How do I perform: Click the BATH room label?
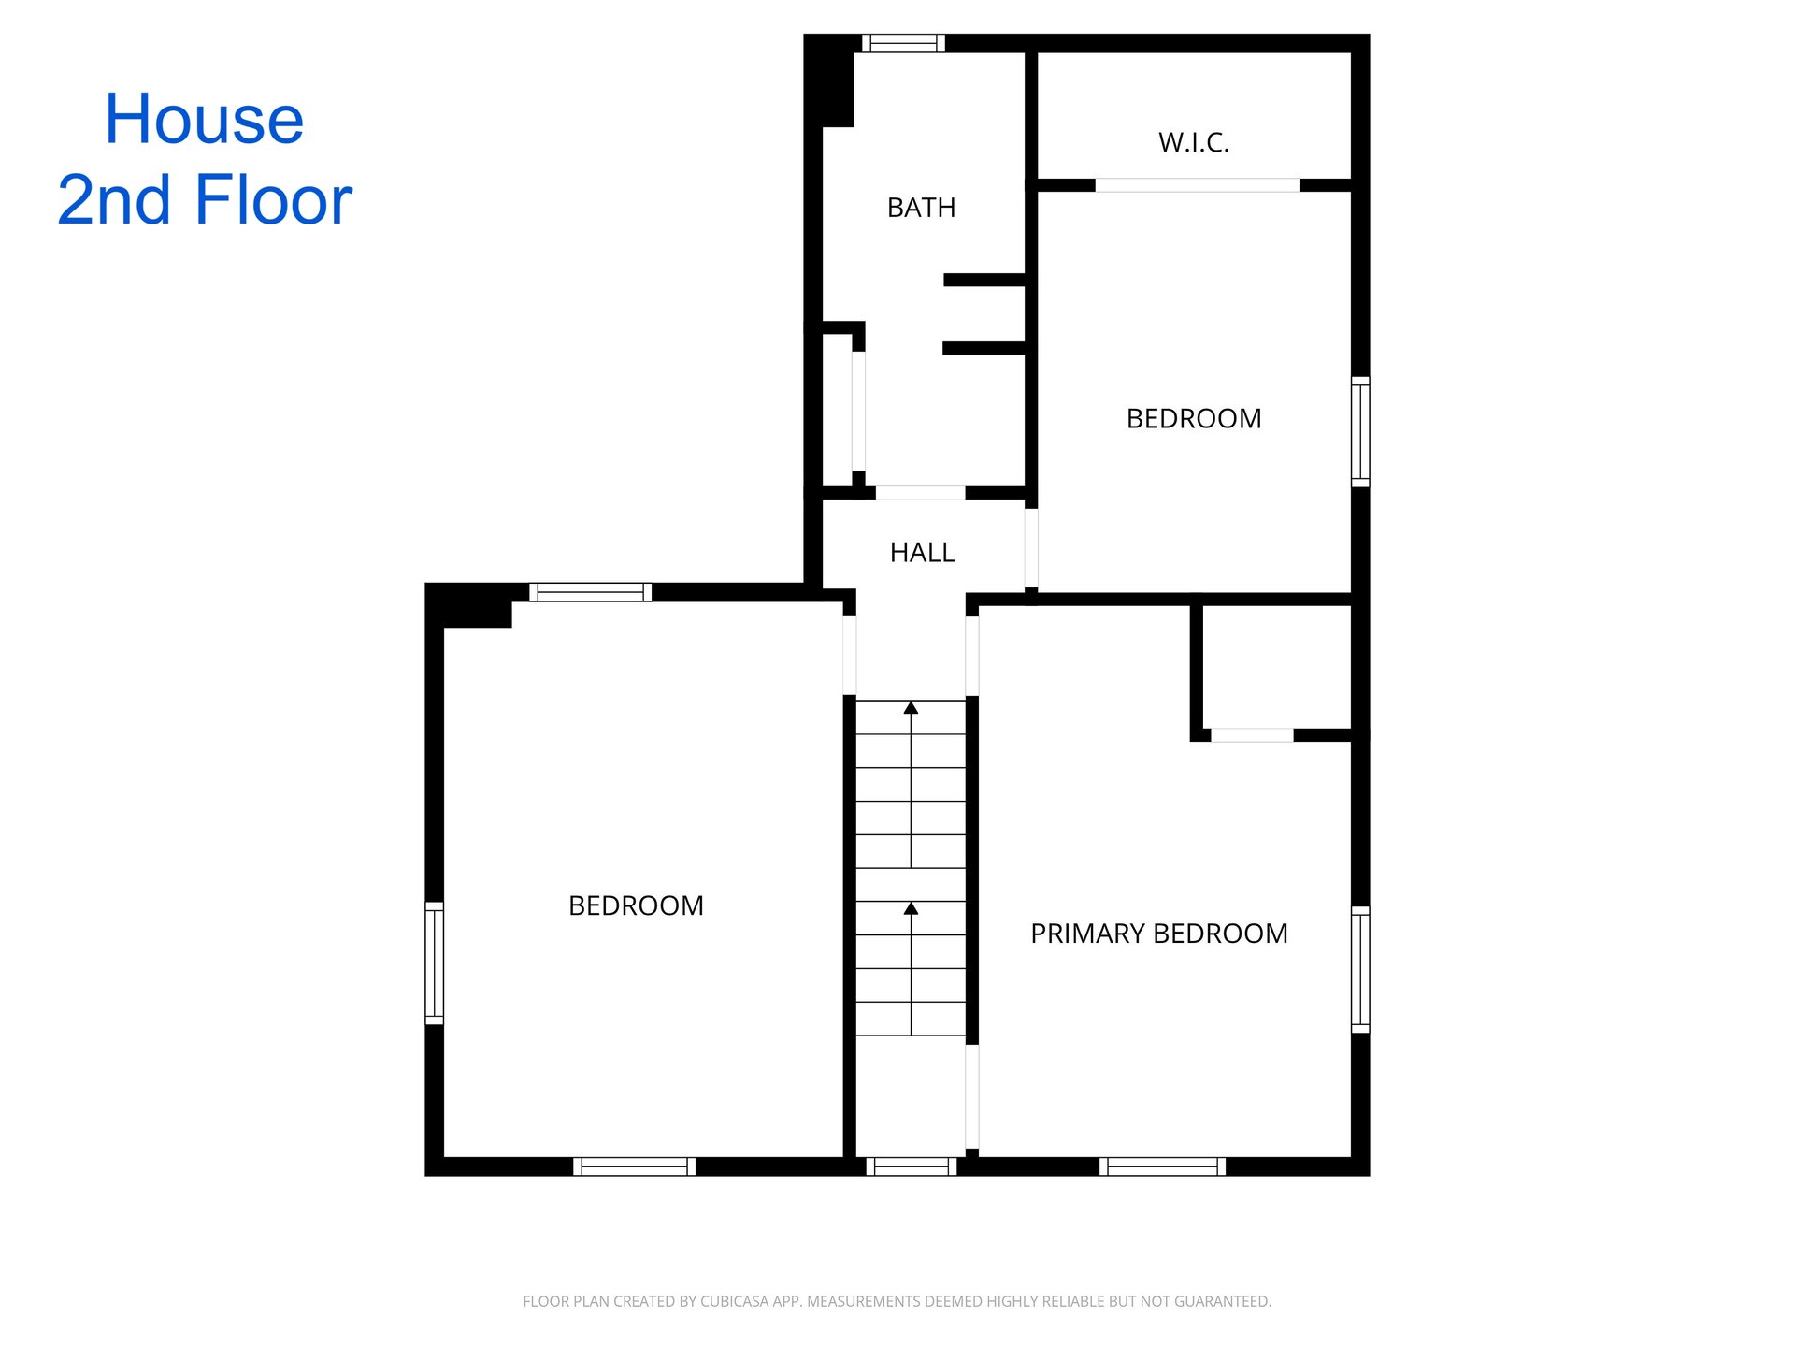921,208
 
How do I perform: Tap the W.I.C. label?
1194,142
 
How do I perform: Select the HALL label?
922,553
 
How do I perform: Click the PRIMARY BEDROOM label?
1159,934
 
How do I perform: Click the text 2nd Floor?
205,200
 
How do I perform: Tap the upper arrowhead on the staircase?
911,708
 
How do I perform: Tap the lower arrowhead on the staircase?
911,908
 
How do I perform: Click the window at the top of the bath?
903,43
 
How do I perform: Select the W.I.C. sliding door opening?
1197,185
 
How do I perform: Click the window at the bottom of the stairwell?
912,1166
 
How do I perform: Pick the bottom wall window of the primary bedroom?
1162,1166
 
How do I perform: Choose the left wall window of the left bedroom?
435,963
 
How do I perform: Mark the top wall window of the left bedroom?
591,592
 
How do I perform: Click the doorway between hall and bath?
920,493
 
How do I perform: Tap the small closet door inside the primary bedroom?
1252,735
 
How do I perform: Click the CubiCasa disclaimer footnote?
897,1301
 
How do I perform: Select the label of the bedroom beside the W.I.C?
1194,418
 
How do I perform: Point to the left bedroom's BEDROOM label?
636,905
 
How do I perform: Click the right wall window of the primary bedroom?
1361,969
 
